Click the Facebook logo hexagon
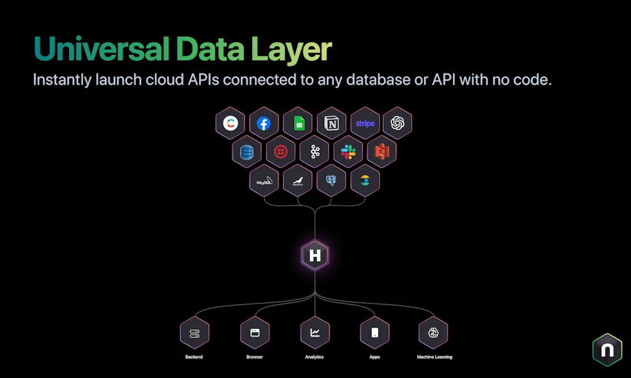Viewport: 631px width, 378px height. (x=264, y=123)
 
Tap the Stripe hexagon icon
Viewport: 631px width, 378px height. (x=364, y=123)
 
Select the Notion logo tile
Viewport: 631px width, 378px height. (x=331, y=123)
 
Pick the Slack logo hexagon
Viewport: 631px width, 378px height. (x=348, y=152)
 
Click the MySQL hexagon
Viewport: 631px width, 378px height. (x=264, y=181)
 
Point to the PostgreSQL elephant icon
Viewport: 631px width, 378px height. (x=331, y=181)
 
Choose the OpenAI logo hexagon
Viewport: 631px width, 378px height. (x=397, y=123)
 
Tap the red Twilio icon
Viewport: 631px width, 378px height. (x=281, y=152)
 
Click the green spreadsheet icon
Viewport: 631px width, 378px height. (x=298, y=123)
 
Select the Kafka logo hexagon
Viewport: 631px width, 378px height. (x=315, y=152)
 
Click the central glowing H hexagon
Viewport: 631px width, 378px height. (x=315, y=255)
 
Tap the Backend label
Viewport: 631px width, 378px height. (x=194, y=357)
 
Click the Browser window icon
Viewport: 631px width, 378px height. (x=254, y=333)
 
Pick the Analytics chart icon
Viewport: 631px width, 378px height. (x=315, y=333)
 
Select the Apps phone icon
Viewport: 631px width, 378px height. (x=375, y=333)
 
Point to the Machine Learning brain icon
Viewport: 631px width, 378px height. (x=433, y=333)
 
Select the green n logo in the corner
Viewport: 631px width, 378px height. (x=607, y=350)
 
